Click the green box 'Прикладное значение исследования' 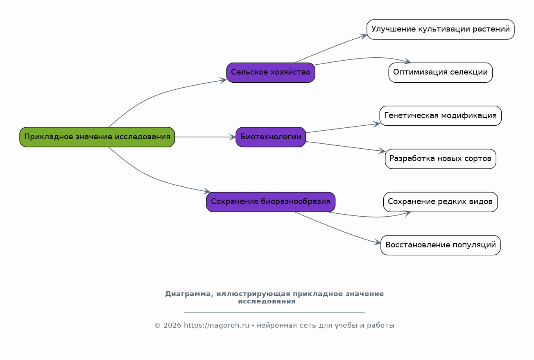tap(97, 137)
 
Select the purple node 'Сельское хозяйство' tap(271, 72)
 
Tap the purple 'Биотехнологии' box tap(271, 137)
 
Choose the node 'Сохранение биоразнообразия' tap(271, 202)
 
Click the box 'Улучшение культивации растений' tap(440, 29)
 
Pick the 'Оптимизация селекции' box tap(440, 72)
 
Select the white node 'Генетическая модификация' tap(440, 115)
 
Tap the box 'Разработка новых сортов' tap(440, 159)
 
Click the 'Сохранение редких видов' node tap(440, 202)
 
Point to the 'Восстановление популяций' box tap(440, 245)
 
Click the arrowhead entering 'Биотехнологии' tap(233, 137)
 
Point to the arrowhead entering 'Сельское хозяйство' tap(223, 80)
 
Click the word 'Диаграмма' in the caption tap(188, 294)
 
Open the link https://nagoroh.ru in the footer tap(217, 326)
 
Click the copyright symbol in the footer tap(157, 326)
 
